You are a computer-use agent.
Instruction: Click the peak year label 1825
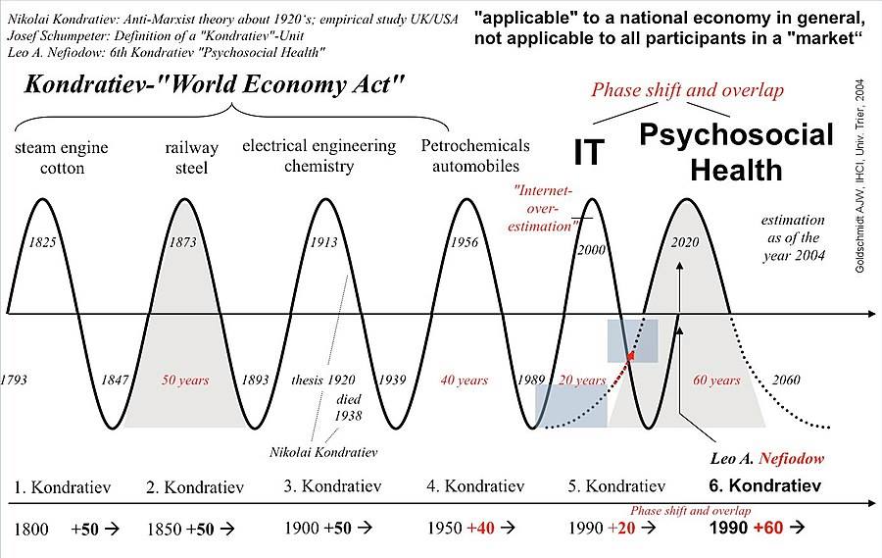(x=41, y=242)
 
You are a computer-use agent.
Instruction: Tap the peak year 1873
(x=183, y=242)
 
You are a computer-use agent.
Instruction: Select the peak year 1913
(x=323, y=242)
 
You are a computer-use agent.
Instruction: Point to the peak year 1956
(x=464, y=242)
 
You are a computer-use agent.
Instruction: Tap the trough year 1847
(x=116, y=380)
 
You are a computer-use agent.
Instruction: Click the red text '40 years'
(x=464, y=380)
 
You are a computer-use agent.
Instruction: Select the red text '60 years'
(x=716, y=380)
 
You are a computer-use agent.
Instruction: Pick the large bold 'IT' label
(x=589, y=152)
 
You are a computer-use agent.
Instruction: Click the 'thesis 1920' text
(x=323, y=380)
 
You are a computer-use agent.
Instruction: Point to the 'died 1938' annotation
(x=349, y=408)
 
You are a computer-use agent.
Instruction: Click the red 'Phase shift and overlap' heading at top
(x=687, y=90)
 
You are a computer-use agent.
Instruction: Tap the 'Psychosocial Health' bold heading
(x=736, y=152)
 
